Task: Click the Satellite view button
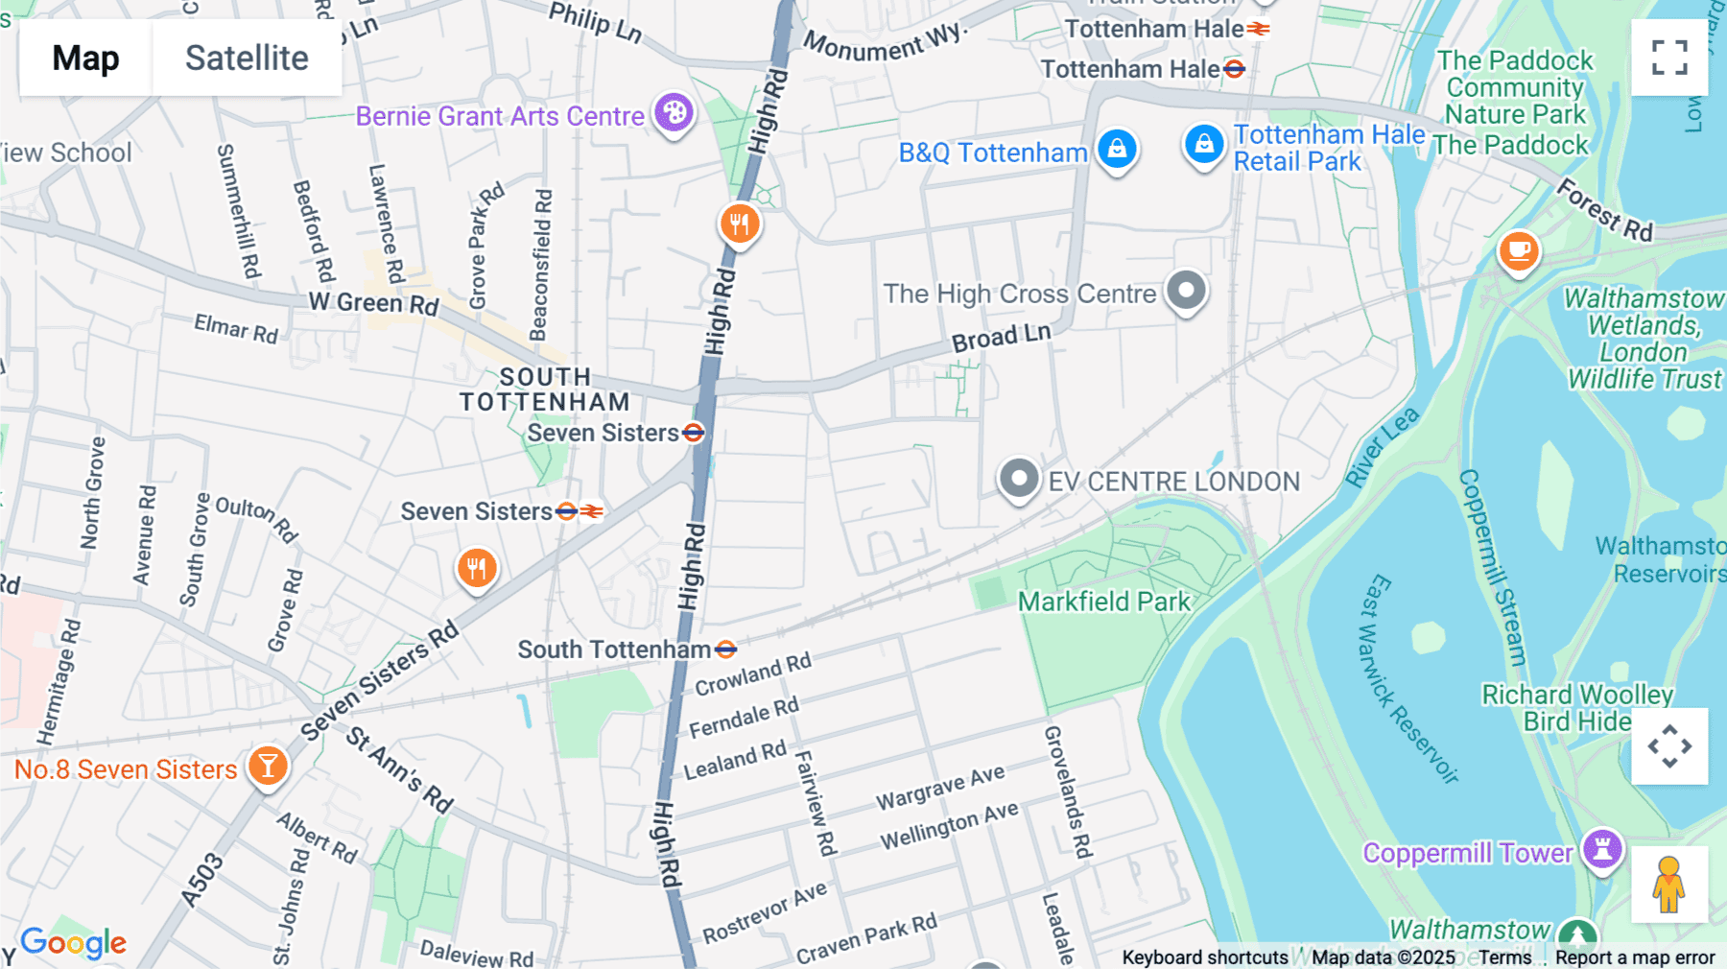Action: coord(247,59)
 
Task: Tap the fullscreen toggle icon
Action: coord(1669,58)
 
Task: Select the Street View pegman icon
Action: coord(1668,885)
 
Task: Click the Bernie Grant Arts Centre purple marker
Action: coord(674,113)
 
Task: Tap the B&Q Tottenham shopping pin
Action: coord(1117,150)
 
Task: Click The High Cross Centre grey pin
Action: coord(1186,291)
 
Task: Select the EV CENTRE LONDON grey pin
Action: coord(1019,478)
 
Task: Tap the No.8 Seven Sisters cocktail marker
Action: coord(268,767)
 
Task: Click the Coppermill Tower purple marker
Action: coord(1602,849)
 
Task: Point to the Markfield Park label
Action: coord(1103,602)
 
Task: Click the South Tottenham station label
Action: coord(614,650)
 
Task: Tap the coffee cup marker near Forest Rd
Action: coord(1518,252)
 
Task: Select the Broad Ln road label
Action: coord(1001,337)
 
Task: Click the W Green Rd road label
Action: coord(373,303)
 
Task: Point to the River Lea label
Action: coord(1382,446)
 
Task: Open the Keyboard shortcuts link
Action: coord(1204,957)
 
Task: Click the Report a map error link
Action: coord(1634,957)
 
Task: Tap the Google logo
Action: coord(73,943)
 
